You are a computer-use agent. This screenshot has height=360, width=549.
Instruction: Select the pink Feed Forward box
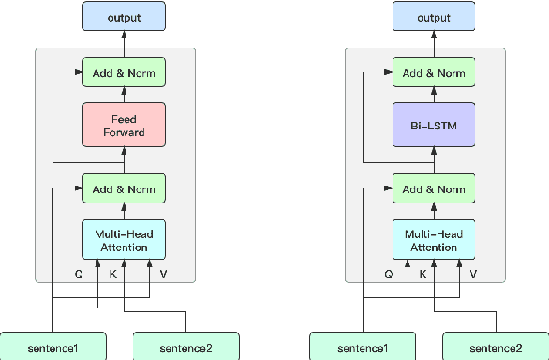pos(124,126)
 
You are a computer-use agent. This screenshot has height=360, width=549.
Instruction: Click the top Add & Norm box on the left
pos(124,72)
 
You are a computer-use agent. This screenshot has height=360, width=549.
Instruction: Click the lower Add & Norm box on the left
pos(124,188)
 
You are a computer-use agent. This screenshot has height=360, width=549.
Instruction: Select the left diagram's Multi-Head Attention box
pos(124,240)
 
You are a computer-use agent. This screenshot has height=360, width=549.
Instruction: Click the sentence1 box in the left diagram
pos(52,348)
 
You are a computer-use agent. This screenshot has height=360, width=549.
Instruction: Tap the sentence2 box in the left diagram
pos(186,348)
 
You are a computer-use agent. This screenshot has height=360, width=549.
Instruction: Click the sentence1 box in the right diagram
pos(363,348)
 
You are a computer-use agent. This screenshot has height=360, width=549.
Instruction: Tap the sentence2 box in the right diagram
pos(496,348)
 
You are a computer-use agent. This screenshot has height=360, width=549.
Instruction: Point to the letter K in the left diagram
pos(112,275)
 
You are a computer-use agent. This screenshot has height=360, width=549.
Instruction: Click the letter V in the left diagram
pos(163,275)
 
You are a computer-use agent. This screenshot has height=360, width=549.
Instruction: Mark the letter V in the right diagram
pos(473,275)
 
